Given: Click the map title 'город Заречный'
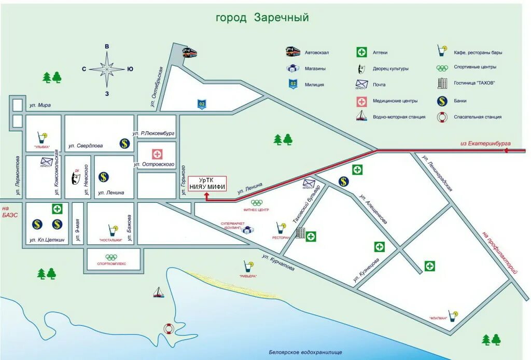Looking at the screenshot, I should (262, 18).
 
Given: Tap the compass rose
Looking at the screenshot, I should (107, 69).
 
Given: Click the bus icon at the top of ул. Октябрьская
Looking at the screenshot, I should (190, 52).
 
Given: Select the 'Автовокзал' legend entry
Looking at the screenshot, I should (317, 52).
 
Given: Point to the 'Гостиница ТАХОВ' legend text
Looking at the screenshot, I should (474, 84).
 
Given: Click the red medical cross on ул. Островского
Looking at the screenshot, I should (157, 154).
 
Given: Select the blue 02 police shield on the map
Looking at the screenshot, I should (201, 104).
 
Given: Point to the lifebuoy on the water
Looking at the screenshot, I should (168, 328).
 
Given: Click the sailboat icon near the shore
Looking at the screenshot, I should (158, 293).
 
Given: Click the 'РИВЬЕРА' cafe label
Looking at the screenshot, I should (248, 276).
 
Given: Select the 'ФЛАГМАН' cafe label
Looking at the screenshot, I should (438, 318).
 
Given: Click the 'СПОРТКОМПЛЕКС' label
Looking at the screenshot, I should (112, 264).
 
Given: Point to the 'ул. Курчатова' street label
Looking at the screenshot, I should (278, 262).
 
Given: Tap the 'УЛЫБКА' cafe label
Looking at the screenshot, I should (41, 147).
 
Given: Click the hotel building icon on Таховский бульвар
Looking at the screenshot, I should (300, 233).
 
